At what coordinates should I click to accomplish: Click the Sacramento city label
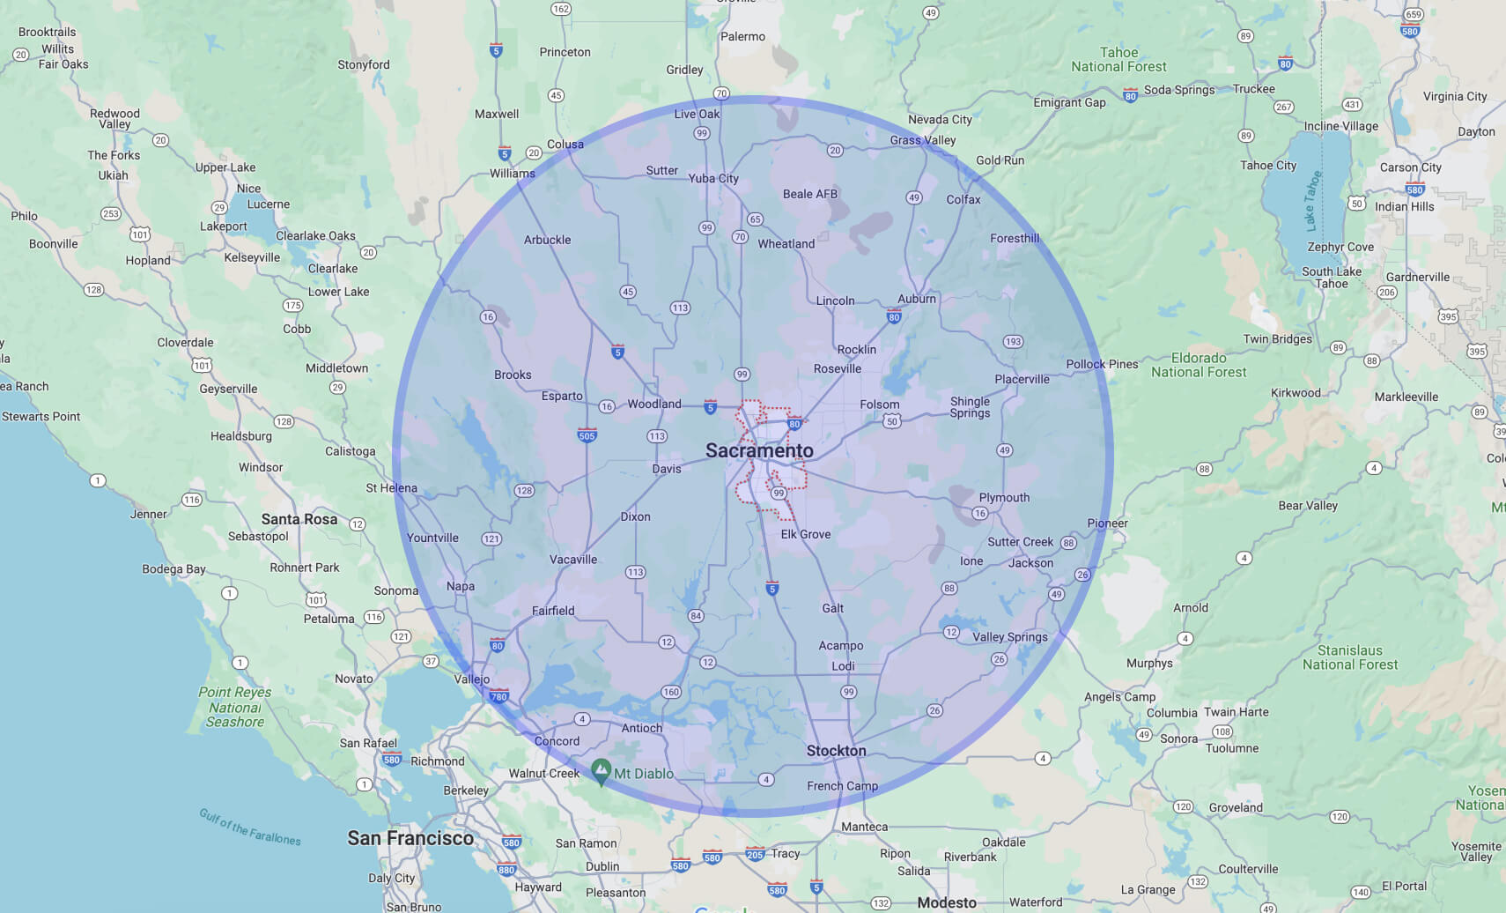[x=759, y=450]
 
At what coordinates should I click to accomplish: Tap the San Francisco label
[x=410, y=838]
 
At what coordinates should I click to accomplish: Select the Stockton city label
[x=836, y=751]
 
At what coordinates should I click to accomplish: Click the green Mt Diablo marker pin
[x=601, y=771]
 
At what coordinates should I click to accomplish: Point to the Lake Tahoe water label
[x=1312, y=200]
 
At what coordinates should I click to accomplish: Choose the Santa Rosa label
[x=299, y=519]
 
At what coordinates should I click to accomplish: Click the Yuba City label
[x=713, y=178]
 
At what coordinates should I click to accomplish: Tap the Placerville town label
[x=1022, y=379]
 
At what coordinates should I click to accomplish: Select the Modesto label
[x=947, y=902]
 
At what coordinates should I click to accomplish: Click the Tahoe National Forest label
[x=1118, y=59]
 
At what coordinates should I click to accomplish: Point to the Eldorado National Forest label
[x=1199, y=365]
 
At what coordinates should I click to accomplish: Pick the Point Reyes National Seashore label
[x=235, y=707]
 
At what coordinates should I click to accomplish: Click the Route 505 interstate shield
[x=587, y=435]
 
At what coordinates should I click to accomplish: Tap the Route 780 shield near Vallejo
[x=498, y=696]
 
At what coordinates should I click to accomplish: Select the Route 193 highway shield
[x=1013, y=342]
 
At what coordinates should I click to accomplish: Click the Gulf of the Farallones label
[x=250, y=827]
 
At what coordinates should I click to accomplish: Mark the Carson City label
[x=1410, y=167]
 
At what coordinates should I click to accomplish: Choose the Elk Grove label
[x=805, y=534]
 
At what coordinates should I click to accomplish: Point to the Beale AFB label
[x=809, y=194]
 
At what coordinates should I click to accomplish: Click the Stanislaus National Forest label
[x=1350, y=657]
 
